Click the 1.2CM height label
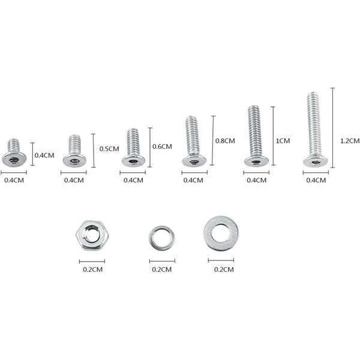(x=349, y=141)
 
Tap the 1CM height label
(x=283, y=141)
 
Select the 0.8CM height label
(x=225, y=141)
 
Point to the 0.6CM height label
(x=162, y=146)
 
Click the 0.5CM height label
(x=109, y=149)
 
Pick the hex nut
(x=91, y=235)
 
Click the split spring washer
(x=162, y=238)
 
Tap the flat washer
(x=221, y=233)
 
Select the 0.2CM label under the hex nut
(x=92, y=269)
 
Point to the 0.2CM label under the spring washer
(x=162, y=269)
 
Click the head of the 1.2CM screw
(x=316, y=161)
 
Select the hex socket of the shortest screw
(x=14, y=160)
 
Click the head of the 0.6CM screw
(x=133, y=161)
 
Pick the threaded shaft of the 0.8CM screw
(x=193, y=135)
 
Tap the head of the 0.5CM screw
(x=74, y=161)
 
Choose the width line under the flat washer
(x=221, y=260)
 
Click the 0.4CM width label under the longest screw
(x=316, y=180)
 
